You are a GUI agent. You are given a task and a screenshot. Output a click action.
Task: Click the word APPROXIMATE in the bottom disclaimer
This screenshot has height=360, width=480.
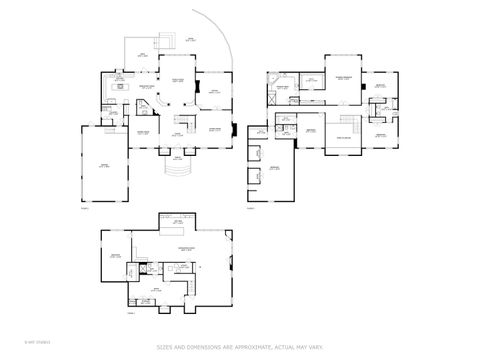pyautogui.click(x=255, y=347)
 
